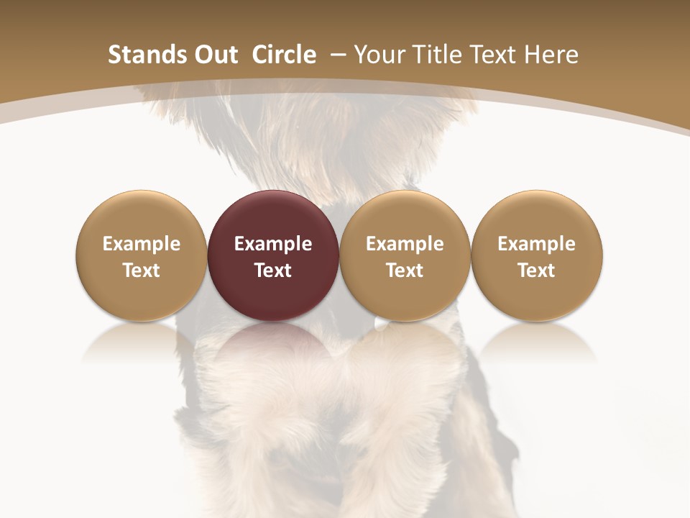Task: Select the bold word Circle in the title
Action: tap(285, 55)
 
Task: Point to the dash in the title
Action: tap(336, 55)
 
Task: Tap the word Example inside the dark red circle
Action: tap(273, 244)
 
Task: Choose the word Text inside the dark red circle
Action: tap(273, 271)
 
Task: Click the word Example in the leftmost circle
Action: tap(142, 244)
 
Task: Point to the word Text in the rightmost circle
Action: tap(536, 271)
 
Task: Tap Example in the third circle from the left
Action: tap(405, 244)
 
